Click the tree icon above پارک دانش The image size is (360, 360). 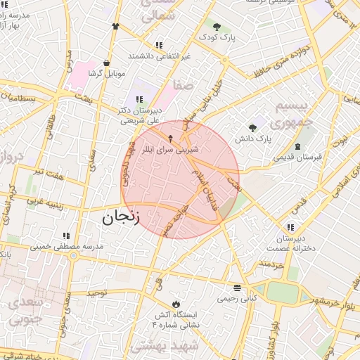click(x=252, y=128)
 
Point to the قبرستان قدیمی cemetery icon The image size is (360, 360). click(x=297, y=146)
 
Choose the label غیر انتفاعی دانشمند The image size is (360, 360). click(x=160, y=55)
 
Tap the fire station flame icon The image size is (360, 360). click(x=176, y=303)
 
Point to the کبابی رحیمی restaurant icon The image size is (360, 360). click(x=237, y=288)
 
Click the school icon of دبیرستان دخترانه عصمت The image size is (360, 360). click(x=290, y=227)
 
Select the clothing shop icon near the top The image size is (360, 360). click(x=115, y=26)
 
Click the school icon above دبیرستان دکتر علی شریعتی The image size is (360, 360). click(x=138, y=99)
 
